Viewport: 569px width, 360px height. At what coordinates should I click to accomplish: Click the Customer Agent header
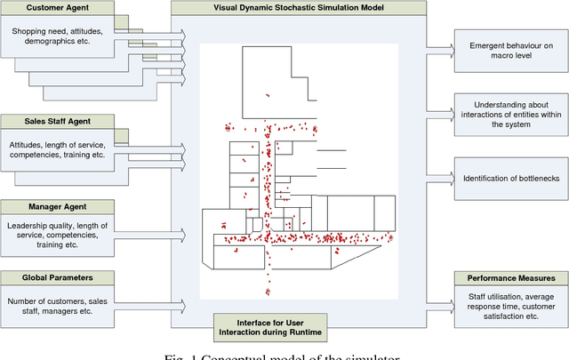point(58,8)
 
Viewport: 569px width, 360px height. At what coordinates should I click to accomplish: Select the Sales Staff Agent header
point(58,120)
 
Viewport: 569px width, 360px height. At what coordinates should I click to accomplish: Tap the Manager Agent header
point(58,206)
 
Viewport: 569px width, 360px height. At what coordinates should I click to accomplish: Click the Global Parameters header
point(58,277)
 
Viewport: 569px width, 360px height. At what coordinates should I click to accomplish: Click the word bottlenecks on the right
point(535,179)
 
